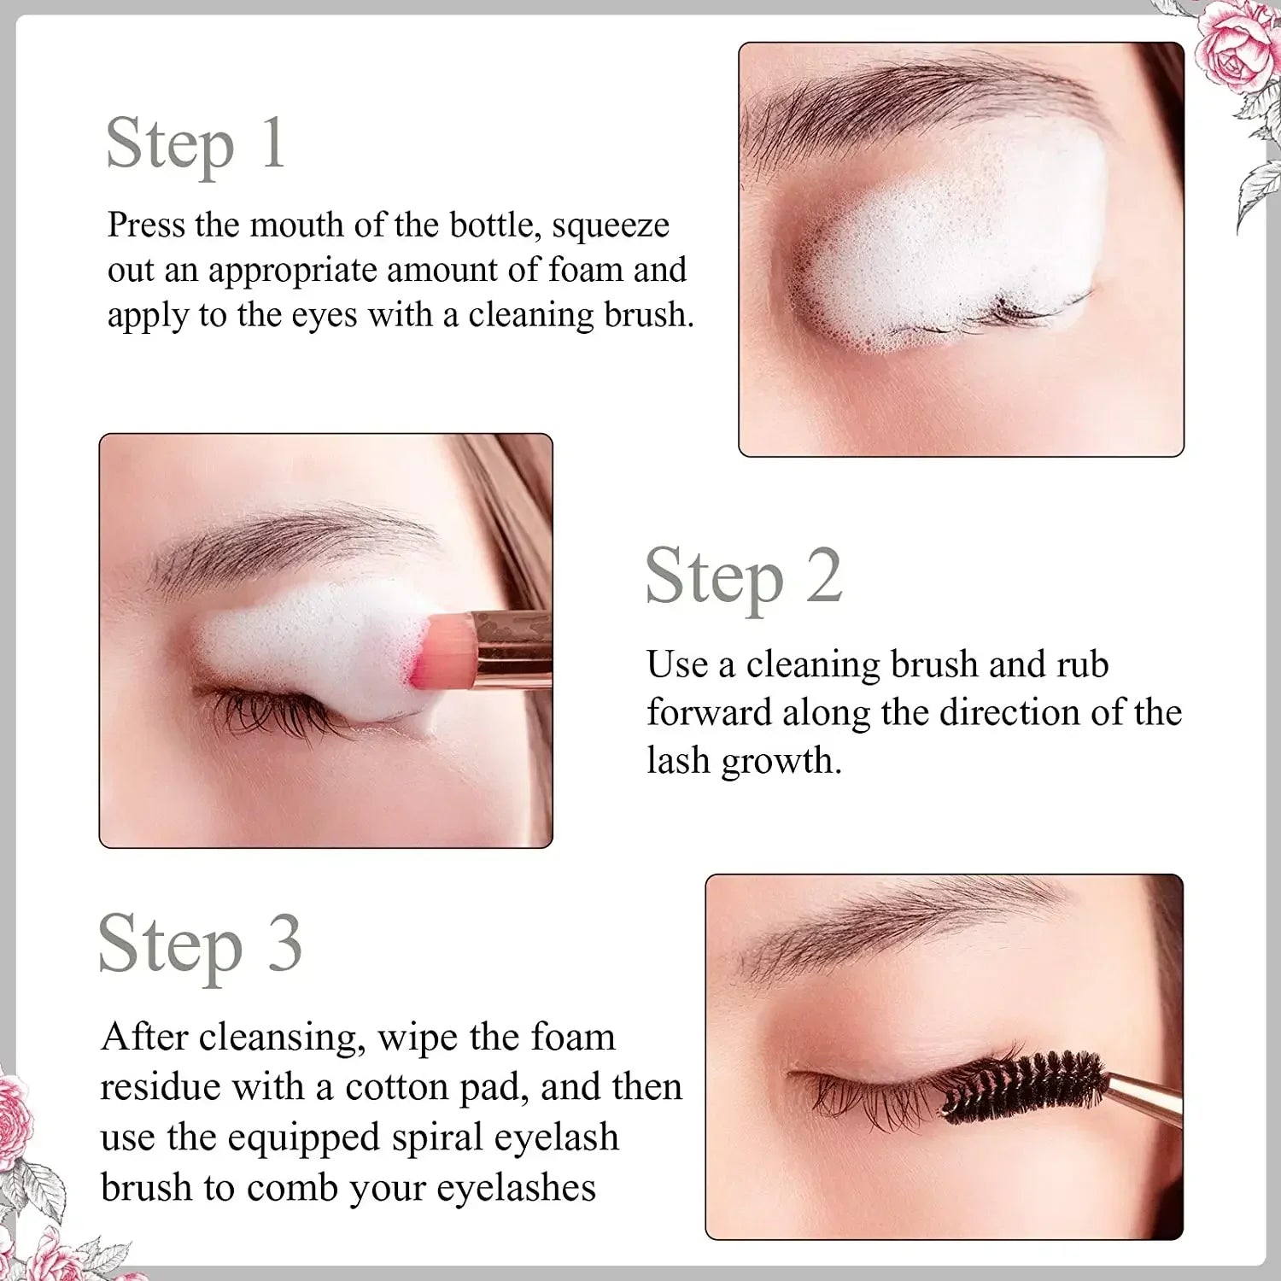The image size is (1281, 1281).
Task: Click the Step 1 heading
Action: click(195, 143)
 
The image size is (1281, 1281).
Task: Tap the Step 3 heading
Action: click(200, 945)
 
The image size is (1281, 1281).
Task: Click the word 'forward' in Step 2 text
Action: click(708, 712)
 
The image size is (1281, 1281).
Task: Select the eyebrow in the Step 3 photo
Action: click(905, 927)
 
